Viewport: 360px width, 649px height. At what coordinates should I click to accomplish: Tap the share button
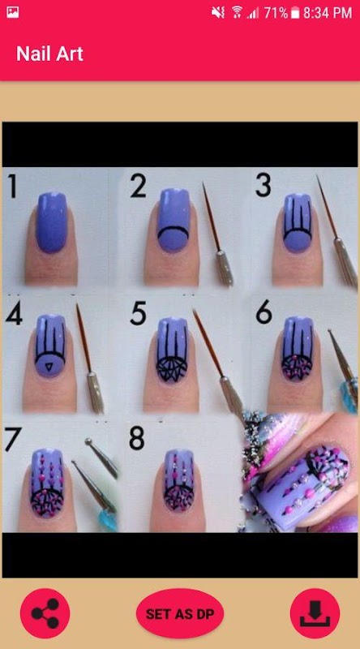coord(45,614)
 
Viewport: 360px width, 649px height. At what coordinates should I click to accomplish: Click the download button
coord(315,614)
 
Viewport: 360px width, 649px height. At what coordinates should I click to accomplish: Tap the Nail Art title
coord(49,54)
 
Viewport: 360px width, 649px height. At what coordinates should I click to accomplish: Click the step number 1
coord(12,186)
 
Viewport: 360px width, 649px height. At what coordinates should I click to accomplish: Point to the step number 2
coord(138,186)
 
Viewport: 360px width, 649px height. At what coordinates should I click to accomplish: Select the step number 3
coord(264,185)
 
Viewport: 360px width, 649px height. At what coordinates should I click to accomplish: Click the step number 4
coord(14,314)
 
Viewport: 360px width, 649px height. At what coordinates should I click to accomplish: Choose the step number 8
coord(137,439)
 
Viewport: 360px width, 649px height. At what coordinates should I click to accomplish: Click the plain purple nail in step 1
coord(52,222)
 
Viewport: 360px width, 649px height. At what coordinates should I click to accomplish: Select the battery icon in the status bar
coord(294,13)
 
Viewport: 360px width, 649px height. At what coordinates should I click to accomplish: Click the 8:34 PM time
coord(328,13)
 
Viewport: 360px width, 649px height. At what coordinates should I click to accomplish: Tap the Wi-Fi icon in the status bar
coord(237,12)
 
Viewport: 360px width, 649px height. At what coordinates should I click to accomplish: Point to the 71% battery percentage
coord(276,13)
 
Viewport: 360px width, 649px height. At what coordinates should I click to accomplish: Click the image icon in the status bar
coord(12,12)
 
